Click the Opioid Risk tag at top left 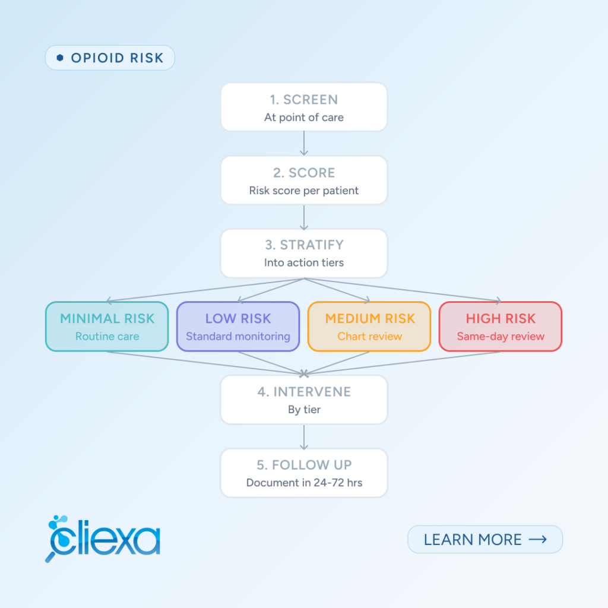click(x=110, y=58)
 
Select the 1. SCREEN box click(x=304, y=107)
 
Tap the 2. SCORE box click(x=304, y=180)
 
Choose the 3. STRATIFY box click(x=304, y=253)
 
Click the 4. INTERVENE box click(x=304, y=400)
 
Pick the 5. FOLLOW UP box click(x=304, y=473)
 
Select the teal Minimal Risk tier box click(x=107, y=327)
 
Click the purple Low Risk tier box click(x=238, y=327)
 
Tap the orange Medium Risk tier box click(x=369, y=327)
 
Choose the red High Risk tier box click(x=500, y=327)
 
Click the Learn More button click(x=485, y=539)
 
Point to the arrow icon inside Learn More click(x=538, y=539)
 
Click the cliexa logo click(x=103, y=539)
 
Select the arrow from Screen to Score click(x=304, y=144)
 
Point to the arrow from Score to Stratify click(x=304, y=217)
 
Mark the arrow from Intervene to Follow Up click(x=304, y=436)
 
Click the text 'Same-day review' click(x=501, y=336)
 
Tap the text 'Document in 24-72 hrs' click(x=305, y=483)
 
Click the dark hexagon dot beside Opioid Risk click(x=60, y=58)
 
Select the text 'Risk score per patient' click(x=304, y=191)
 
